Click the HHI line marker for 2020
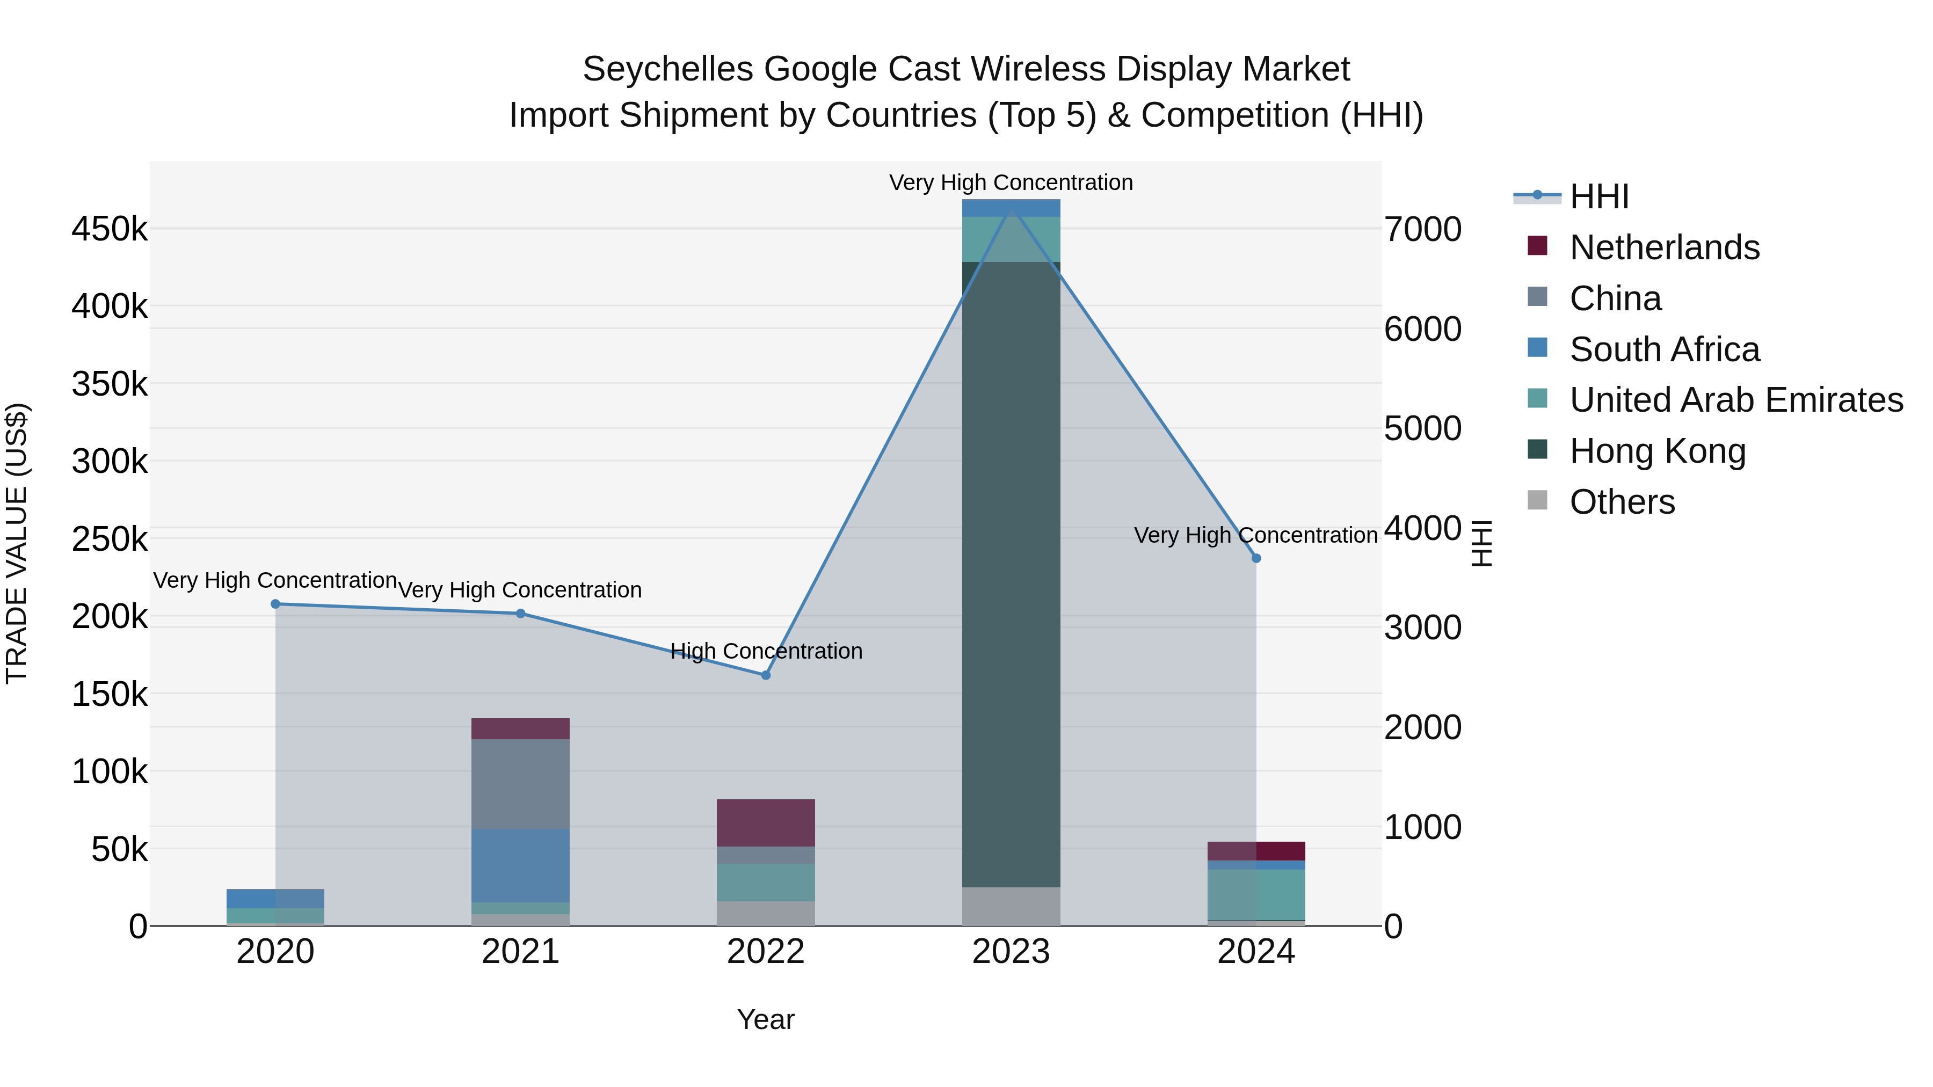tap(275, 604)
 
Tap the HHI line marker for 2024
tap(1256, 558)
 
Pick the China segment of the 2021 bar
tap(520, 784)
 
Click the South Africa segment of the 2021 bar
tap(520, 865)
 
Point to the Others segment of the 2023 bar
tap(1011, 906)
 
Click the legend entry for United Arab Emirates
tap(1735, 400)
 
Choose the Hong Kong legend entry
tap(1657, 451)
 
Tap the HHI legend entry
tap(1598, 196)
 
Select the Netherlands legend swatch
tap(1537, 246)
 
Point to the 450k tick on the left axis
tap(110, 229)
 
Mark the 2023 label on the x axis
tap(1011, 952)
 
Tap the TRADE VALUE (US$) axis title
tap(17, 543)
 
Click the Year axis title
tap(765, 1019)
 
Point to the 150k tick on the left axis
tap(110, 694)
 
